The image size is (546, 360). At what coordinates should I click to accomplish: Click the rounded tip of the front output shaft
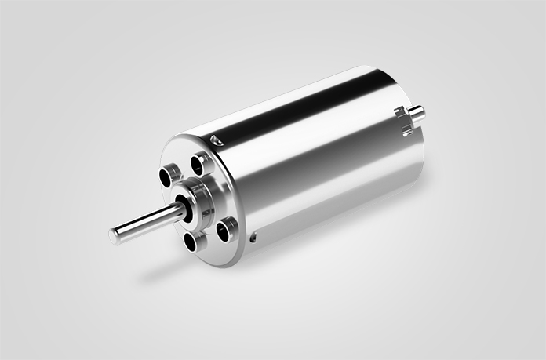click(115, 231)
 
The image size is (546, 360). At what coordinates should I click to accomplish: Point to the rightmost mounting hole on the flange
click(226, 229)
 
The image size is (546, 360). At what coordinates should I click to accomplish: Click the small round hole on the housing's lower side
click(253, 235)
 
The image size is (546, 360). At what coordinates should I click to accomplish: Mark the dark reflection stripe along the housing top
click(306, 118)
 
